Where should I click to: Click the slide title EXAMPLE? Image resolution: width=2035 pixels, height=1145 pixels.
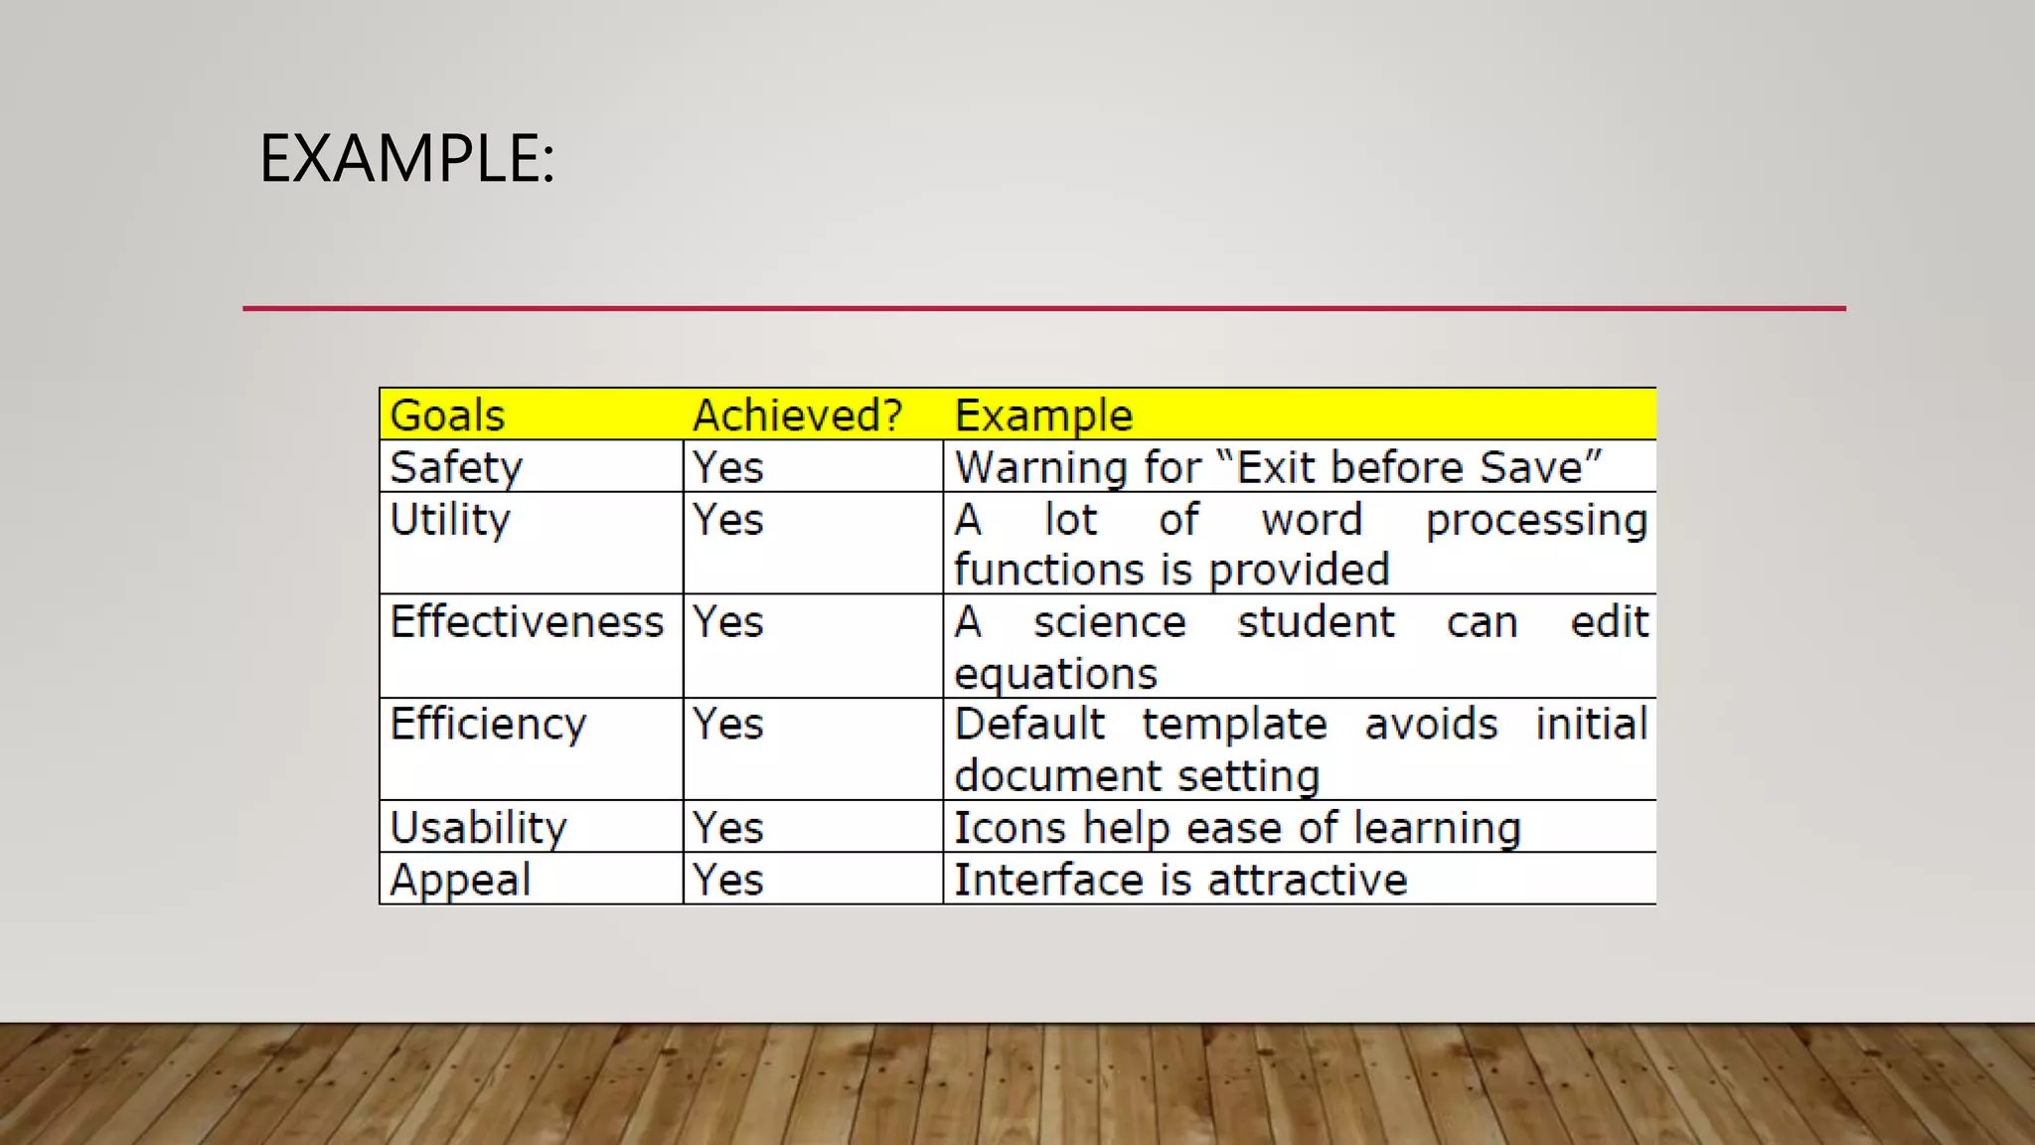[406, 159]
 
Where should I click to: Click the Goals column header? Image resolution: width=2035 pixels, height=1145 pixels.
[447, 415]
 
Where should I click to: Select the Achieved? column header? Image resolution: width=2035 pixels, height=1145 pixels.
[798, 415]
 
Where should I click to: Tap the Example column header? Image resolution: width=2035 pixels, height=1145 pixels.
[1043, 415]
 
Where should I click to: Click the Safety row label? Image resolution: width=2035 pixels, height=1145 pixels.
[456, 468]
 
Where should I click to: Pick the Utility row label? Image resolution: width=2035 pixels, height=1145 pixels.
[450, 520]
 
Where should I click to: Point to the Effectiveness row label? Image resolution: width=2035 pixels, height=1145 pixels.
[527, 622]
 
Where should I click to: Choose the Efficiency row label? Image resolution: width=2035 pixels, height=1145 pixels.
[488, 725]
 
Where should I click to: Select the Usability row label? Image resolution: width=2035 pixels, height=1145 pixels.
[478, 828]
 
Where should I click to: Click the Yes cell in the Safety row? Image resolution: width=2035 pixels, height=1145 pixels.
[728, 468]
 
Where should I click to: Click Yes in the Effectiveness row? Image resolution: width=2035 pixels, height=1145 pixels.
[728, 622]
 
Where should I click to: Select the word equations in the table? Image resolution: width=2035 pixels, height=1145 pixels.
[1055, 675]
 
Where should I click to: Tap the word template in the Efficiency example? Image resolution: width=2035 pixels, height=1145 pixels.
[1234, 725]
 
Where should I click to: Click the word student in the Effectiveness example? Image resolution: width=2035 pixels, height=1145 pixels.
[1316, 622]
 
